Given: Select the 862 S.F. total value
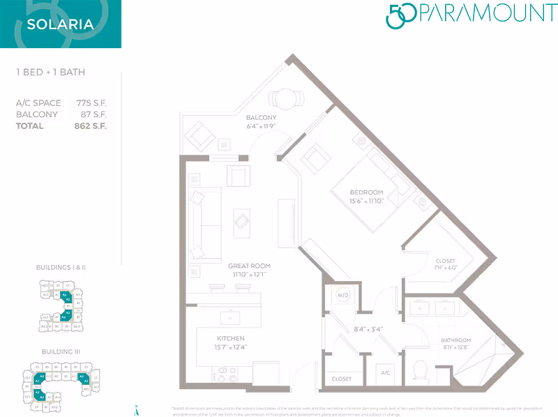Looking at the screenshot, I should [x=91, y=126].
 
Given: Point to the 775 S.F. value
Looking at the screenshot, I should [x=91, y=103].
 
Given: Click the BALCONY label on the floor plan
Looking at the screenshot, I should [x=262, y=118].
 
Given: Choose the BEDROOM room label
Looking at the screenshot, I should [x=367, y=192].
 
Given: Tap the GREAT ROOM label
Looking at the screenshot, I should [x=249, y=266].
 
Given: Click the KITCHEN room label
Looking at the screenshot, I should [x=230, y=338].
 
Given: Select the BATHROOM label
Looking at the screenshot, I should [x=456, y=341].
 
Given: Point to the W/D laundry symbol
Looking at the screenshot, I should [x=342, y=296].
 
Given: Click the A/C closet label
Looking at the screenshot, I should [x=386, y=373].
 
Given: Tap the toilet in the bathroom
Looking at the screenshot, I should [x=420, y=370].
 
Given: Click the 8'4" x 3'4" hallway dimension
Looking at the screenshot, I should [x=368, y=328].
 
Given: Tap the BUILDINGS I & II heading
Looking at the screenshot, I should [x=60, y=267].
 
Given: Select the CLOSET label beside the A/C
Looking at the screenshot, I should [x=342, y=379].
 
